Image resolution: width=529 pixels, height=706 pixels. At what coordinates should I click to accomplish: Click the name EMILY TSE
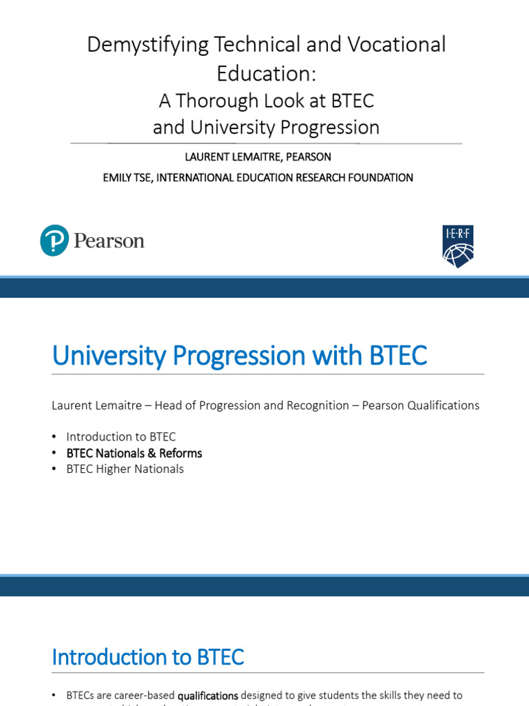pyautogui.click(x=127, y=178)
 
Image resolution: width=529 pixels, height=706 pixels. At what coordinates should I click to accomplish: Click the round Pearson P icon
pyautogui.click(x=54, y=240)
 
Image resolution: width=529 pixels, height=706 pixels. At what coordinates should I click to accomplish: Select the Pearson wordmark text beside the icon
pyautogui.click(x=109, y=241)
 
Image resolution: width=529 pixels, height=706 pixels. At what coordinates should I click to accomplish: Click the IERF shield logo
pyautogui.click(x=458, y=246)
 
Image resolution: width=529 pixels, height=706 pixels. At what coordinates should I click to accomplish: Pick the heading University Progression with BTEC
pyautogui.click(x=239, y=356)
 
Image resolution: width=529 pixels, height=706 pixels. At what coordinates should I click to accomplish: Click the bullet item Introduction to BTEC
pyautogui.click(x=121, y=437)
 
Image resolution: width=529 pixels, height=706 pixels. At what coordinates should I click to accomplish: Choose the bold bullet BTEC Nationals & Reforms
pyautogui.click(x=134, y=453)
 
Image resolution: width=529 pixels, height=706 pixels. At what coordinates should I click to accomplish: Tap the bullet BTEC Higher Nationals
pyautogui.click(x=125, y=469)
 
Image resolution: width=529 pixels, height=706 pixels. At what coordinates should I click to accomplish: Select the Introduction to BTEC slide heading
pyautogui.click(x=147, y=657)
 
